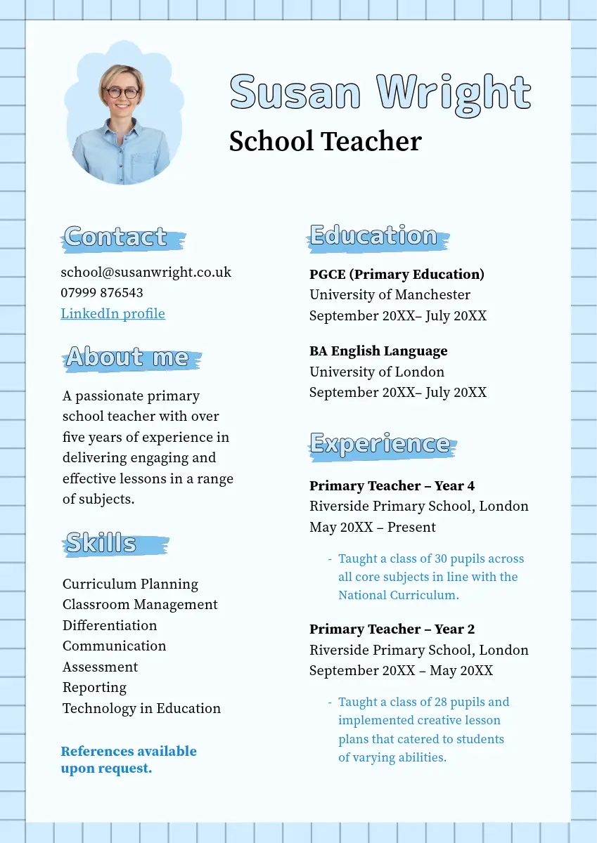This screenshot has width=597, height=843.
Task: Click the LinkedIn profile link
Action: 113,313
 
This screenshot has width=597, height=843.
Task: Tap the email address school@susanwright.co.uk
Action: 146,272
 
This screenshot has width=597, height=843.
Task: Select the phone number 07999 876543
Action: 102,293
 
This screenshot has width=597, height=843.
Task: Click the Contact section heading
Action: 116,237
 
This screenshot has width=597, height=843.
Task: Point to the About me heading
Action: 127,358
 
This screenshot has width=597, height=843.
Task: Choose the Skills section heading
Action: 101,543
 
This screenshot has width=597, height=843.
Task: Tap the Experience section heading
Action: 380,444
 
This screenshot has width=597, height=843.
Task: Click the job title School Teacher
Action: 325,141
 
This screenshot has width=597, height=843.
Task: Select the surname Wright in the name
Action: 454,93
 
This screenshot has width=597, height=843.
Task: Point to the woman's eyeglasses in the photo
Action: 122,92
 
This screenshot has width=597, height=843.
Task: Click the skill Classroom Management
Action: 140,604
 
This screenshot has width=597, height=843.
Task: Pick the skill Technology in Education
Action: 141,708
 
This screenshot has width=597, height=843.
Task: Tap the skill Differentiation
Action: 110,625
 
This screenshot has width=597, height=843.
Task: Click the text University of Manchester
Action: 390,294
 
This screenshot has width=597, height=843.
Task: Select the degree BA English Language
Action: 378,351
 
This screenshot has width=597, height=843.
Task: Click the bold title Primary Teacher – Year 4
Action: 392,485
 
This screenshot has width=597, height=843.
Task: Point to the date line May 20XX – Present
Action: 373,527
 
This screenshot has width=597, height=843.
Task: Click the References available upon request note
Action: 129,759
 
